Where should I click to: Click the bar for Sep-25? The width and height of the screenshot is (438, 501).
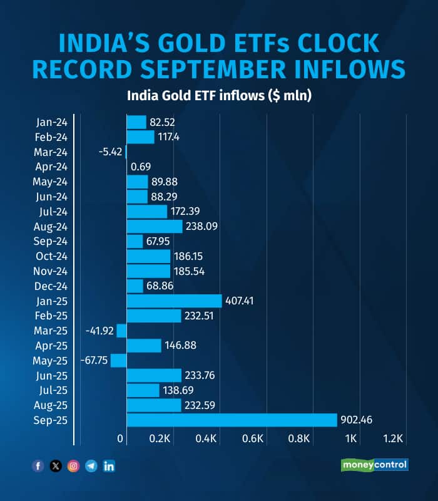click(x=232, y=420)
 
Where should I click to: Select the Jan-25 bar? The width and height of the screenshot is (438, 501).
click(x=174, y=301)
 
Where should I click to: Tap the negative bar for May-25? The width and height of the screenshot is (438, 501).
click(x=119, y=360)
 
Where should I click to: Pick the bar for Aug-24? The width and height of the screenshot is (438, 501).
click(x=155, y=226)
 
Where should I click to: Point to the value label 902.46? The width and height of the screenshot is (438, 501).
click(x=357, y=420)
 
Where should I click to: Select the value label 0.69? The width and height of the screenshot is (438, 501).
click(x=141, y=167)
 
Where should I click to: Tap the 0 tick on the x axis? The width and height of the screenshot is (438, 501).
click(x=121, y=438)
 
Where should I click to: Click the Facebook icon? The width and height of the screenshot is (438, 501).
click(x=38, y=466)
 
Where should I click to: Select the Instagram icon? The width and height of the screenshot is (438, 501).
click(x=73, y=466)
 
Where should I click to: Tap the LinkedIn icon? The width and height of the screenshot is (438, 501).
click(x=109, y=466)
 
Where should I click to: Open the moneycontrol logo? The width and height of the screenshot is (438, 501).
click(x=374, y=465)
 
